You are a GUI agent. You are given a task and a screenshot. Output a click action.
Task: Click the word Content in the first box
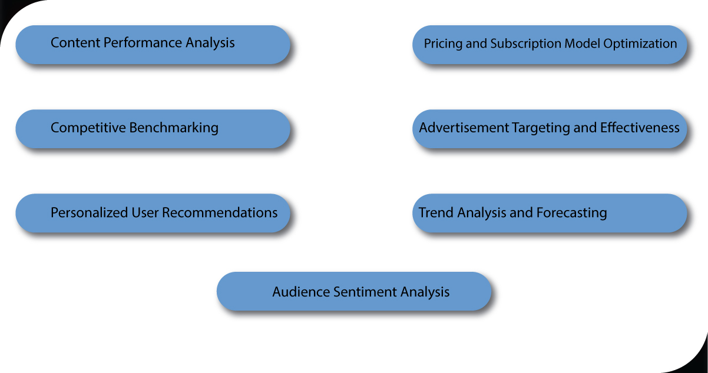pyautogui.click(x=73, y=43)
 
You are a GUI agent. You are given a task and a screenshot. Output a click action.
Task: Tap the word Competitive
pyautogui.click(x=88, y=128)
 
